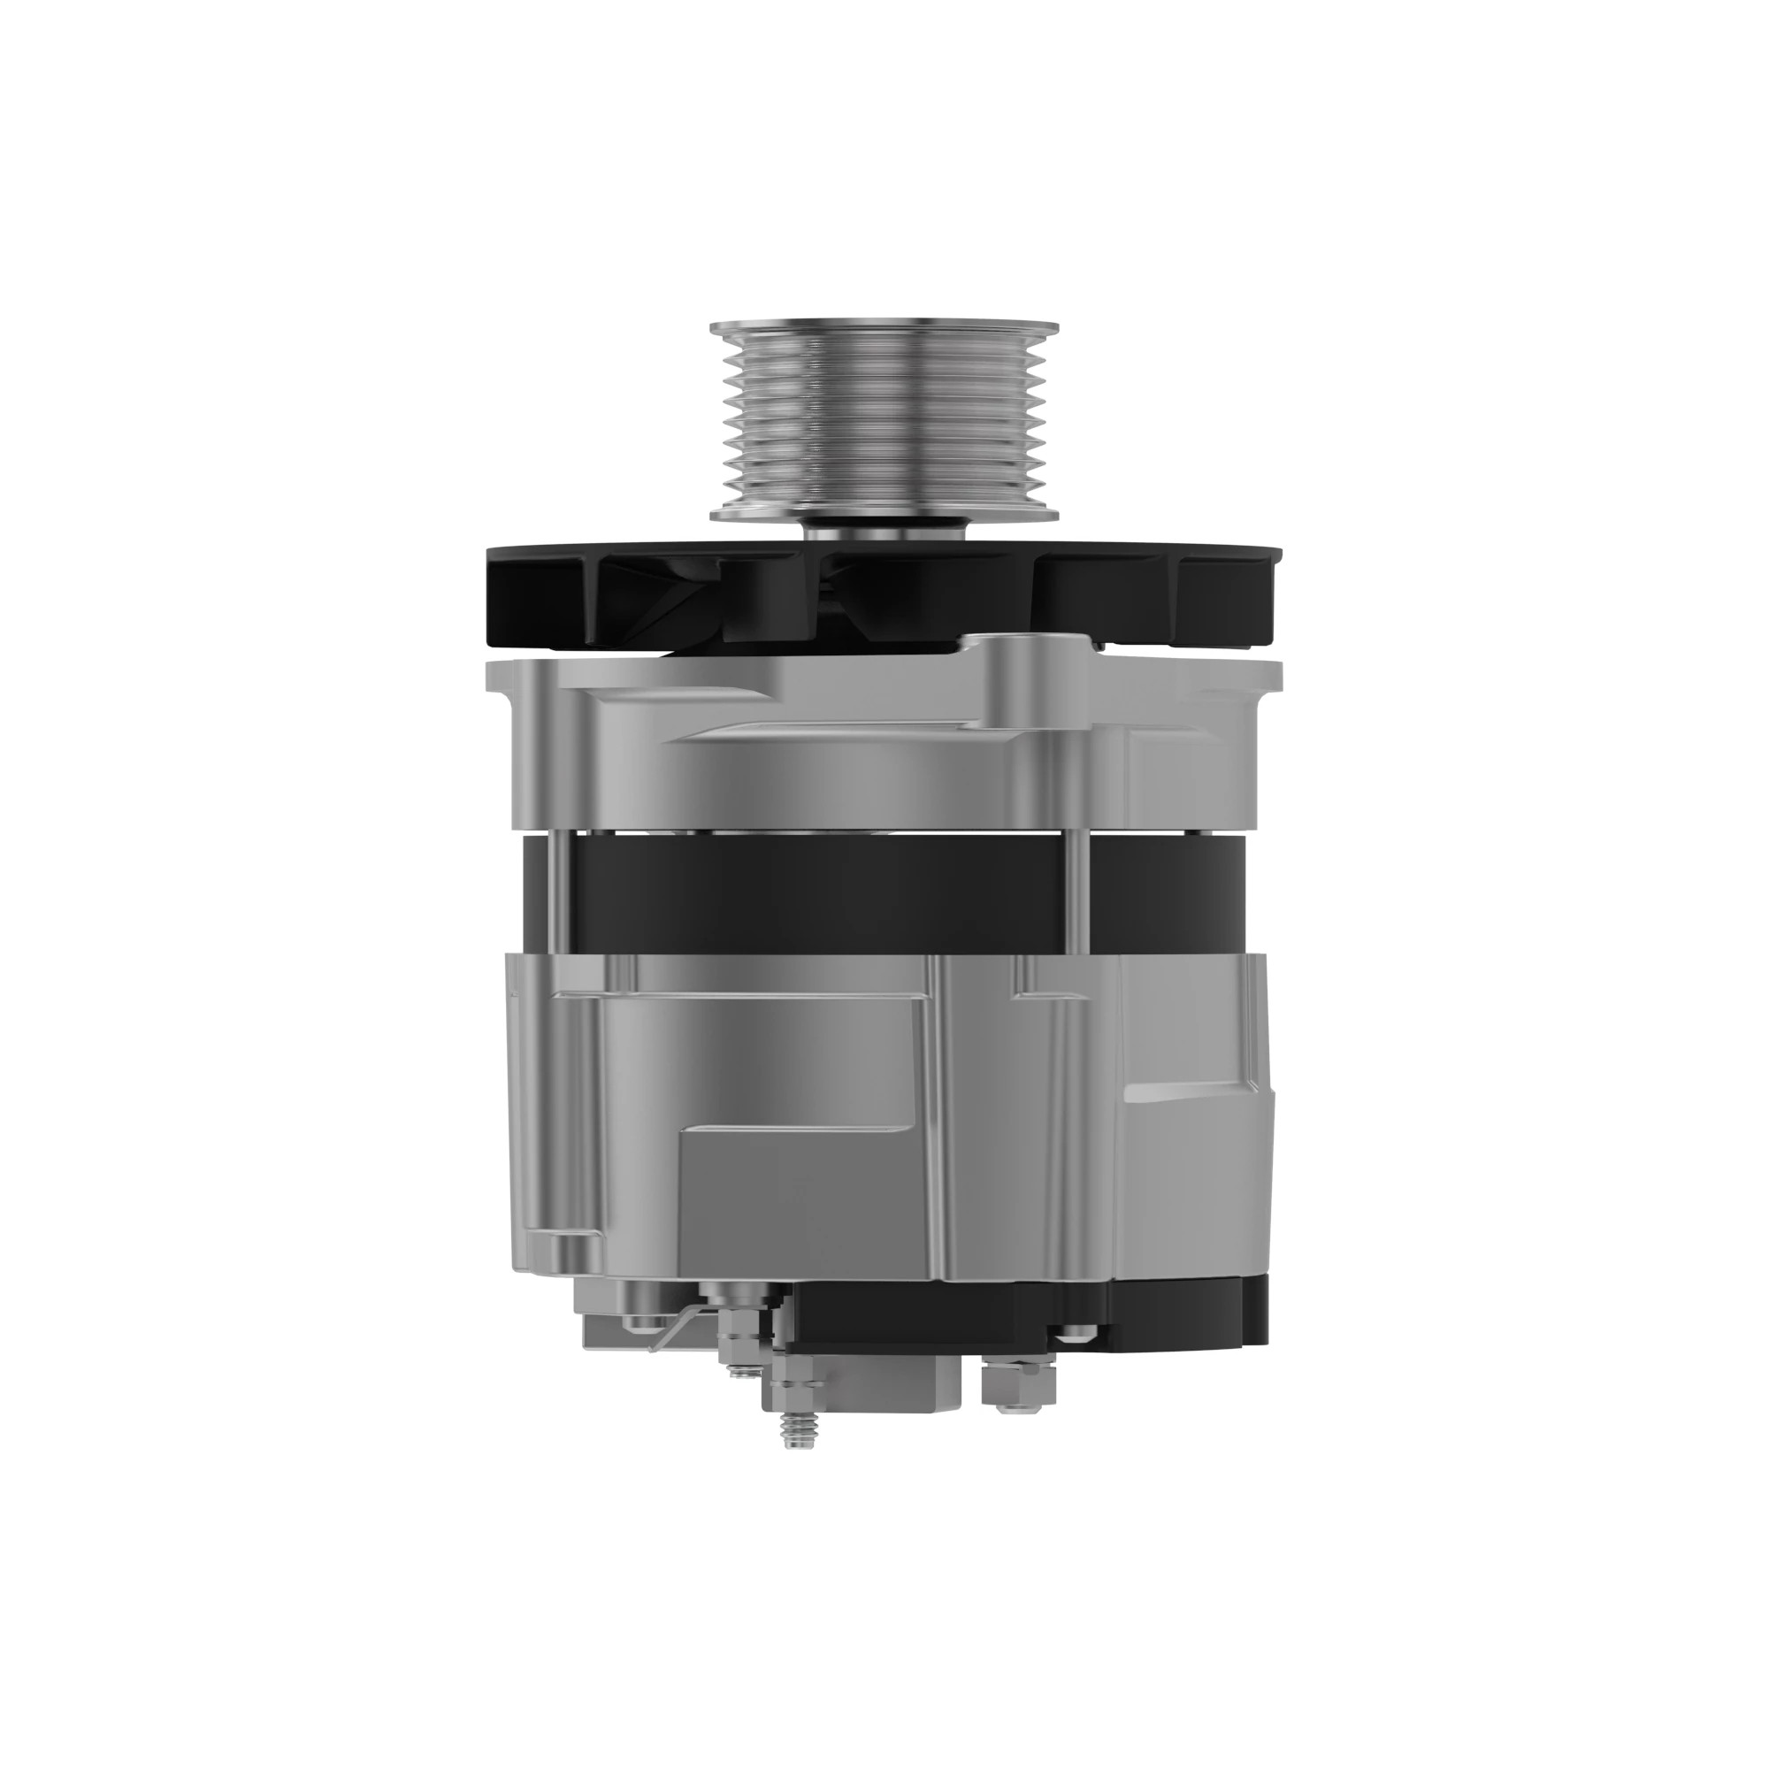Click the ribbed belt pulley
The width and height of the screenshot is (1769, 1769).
coord(884,421)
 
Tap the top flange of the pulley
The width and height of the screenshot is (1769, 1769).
coord(884,328)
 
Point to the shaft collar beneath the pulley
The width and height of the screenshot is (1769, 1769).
coord(884,531)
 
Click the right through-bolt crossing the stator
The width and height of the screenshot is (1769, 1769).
coord(1084,892)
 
